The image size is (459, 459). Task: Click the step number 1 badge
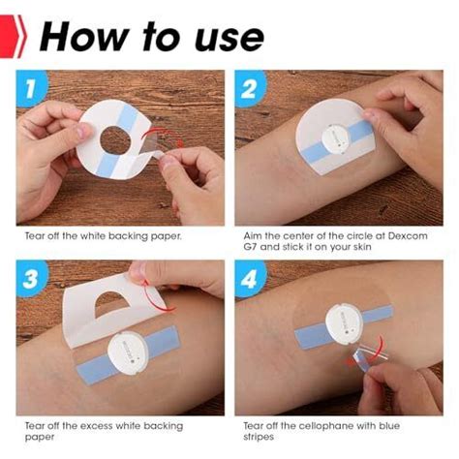[31, 88]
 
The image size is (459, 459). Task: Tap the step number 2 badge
[250, 88]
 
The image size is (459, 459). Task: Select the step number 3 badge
[31, 278]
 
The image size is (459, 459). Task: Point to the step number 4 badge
[250, 278]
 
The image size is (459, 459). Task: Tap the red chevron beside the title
[13, 36]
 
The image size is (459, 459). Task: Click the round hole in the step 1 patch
[115, 140]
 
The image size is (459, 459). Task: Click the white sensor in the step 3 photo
[128, 352]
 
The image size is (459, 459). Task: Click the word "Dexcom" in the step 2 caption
[408, 235]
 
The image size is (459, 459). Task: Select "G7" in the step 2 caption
[250, 247]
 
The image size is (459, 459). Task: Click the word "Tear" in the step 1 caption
[35, 236]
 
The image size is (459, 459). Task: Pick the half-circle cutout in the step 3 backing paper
[111, 302]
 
